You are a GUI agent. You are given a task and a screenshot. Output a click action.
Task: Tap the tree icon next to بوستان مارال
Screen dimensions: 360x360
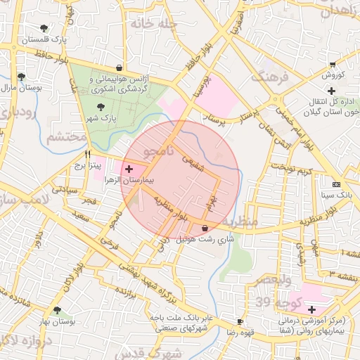tap(21, 77)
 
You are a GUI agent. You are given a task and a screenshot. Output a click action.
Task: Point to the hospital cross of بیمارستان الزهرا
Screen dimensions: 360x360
tap(128, 169)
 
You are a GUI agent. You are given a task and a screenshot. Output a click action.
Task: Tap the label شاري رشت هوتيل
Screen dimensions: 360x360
tap(204, 239)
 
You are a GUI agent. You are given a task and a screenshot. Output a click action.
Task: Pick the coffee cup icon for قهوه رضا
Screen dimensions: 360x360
tap(240, 321)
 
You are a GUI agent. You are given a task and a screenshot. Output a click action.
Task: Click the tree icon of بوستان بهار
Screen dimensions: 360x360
tap(57, 309)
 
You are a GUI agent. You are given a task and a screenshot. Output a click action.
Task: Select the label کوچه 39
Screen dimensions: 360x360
tap(254, 302)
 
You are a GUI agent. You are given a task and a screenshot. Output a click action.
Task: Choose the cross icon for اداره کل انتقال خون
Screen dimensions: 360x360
tap(332, 90)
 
